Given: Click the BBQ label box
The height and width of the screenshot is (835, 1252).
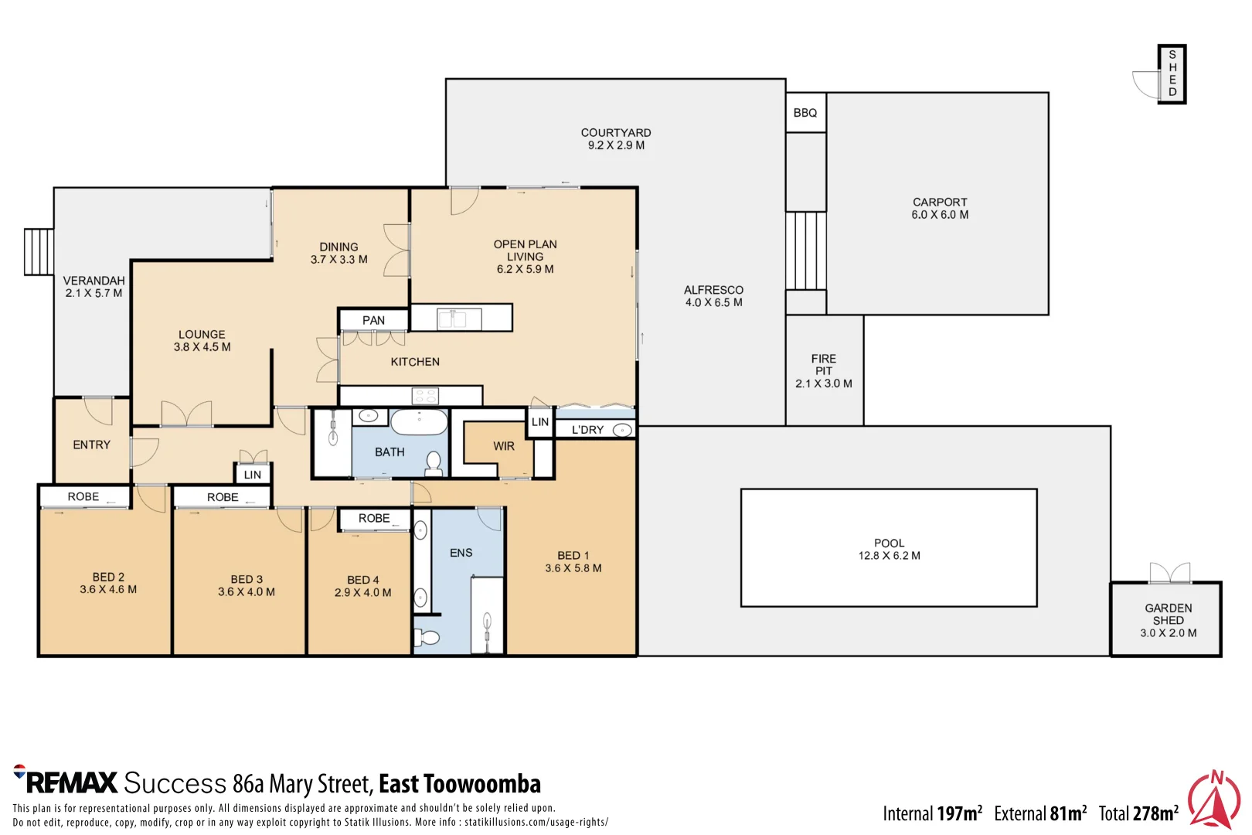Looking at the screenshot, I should click(805, 113).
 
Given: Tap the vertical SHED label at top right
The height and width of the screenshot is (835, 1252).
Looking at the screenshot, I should click(1172, 73).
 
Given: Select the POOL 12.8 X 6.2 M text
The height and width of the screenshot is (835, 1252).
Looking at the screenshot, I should click(889, 549).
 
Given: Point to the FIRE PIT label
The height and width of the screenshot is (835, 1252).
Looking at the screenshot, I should click(824, 370).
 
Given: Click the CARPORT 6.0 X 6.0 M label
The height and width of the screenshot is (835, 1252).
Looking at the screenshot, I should click(940, 208).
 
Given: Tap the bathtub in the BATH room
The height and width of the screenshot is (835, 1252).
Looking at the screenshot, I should click(419, 422).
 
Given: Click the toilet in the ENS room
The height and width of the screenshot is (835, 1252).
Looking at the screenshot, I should click(427, 637).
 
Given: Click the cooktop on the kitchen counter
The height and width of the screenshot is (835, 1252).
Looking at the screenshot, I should click(425, 396).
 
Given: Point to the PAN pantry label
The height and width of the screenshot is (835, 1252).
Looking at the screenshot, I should click(373, 320).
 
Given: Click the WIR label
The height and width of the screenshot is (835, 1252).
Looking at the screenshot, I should click(504, 446).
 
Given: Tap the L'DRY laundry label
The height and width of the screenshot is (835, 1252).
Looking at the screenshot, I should click(587, 430).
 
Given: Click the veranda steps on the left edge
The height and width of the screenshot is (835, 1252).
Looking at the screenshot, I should click(39, 251).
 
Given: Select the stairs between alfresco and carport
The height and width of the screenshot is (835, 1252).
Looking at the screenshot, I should click(806, 250).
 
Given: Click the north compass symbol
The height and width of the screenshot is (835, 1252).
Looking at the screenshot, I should click(1214, 800).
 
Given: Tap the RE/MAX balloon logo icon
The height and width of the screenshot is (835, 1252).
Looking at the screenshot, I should click(19, 771).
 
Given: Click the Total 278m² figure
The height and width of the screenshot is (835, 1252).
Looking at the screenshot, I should click(1138, 813).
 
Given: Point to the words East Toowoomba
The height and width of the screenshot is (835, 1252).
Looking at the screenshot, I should click(460, 784).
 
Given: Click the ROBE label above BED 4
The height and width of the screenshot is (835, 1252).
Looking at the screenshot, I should click(374, 519).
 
